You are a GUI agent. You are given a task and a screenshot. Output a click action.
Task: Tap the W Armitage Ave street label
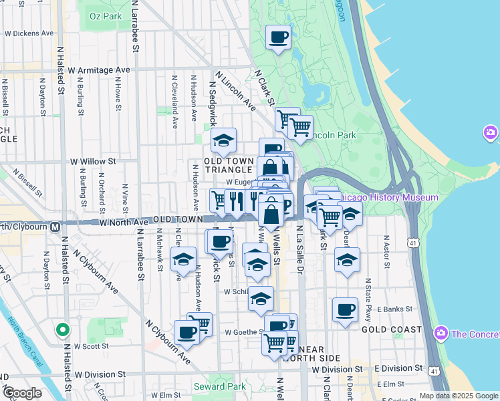pyautogui.click(x=98, y=70)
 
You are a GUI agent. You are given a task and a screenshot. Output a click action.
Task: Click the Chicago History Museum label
pyautogui.click(x=388, y=197)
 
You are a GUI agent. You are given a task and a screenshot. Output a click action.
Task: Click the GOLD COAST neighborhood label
pyautogui.click(x=391, y=329)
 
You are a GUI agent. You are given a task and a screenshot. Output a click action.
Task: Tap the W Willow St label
pyautogui.click(x=94, y=161)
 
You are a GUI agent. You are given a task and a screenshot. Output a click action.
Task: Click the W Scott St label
pyautogui.click(x=91, y=346)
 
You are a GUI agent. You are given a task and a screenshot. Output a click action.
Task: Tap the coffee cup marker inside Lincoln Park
pyautogui.click(x=278, y=37)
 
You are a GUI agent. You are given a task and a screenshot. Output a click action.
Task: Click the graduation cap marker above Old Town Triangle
pyautogui.click(x=223, y=140)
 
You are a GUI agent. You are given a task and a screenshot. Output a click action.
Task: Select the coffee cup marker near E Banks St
pyautogui.click(x=345, y=310)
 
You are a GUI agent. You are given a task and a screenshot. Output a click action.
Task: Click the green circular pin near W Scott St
pyautogui.click(x=61, y=329)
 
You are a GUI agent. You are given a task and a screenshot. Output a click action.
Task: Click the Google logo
pyautogui.click(x=21, y=393)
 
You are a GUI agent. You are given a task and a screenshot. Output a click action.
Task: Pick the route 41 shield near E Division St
pyautogui.click(x=435, y=370)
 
